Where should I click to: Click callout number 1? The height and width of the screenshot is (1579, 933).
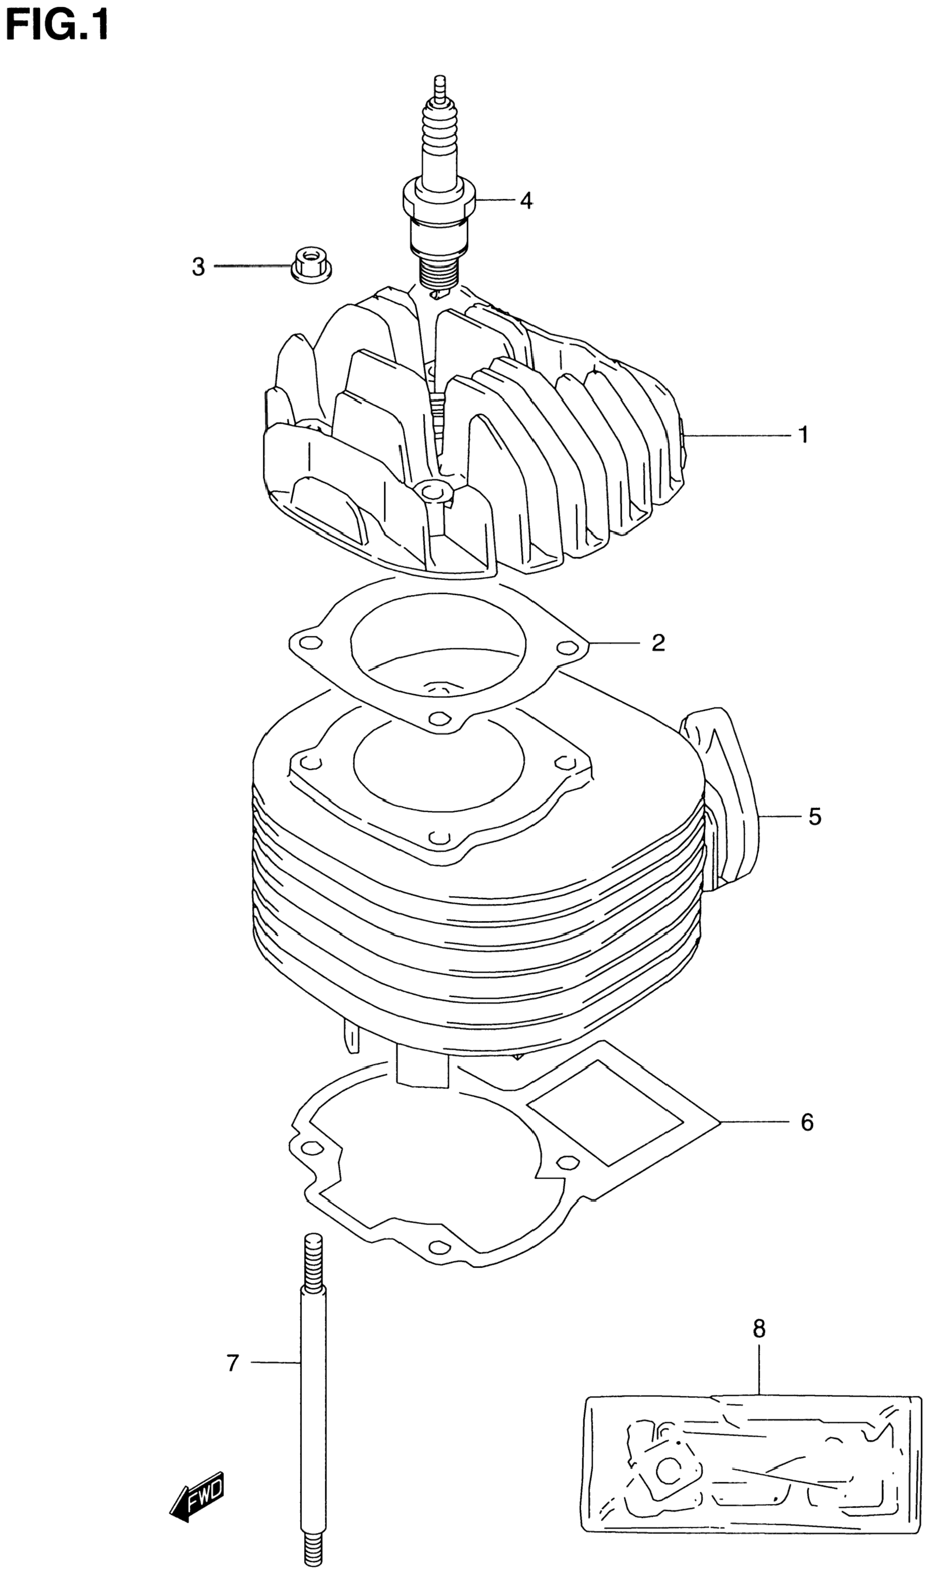[x=803, y=435]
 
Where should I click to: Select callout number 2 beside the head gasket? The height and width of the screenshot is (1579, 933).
[x=658, y=643]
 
